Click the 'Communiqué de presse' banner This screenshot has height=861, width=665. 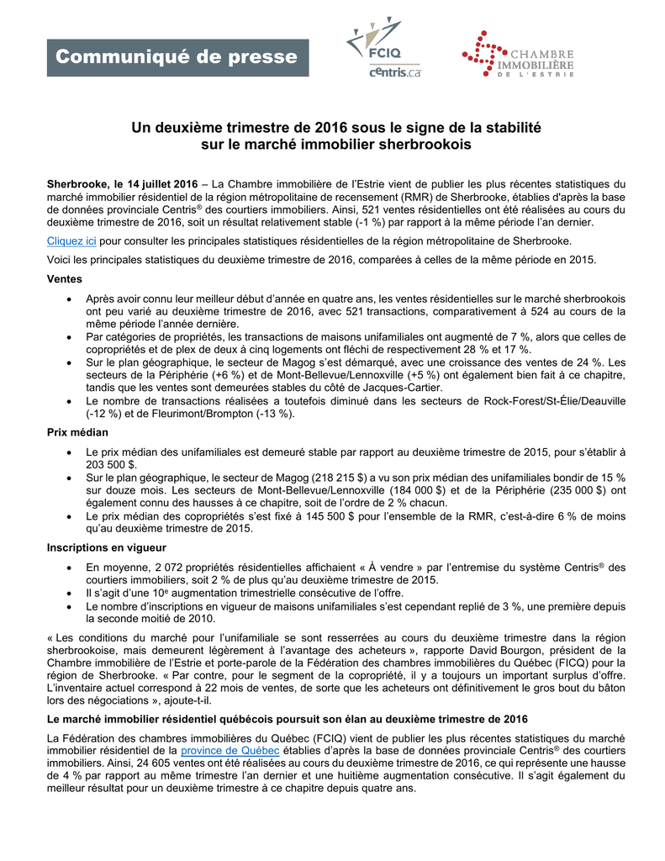point(177,57)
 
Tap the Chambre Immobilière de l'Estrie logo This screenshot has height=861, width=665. point(518,55)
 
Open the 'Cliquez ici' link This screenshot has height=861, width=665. point(71,240)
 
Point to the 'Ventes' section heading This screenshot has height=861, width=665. point(64,278)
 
